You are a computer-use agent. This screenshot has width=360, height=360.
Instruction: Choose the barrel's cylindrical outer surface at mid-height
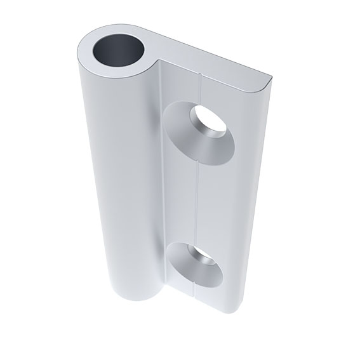pos(117,190)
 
